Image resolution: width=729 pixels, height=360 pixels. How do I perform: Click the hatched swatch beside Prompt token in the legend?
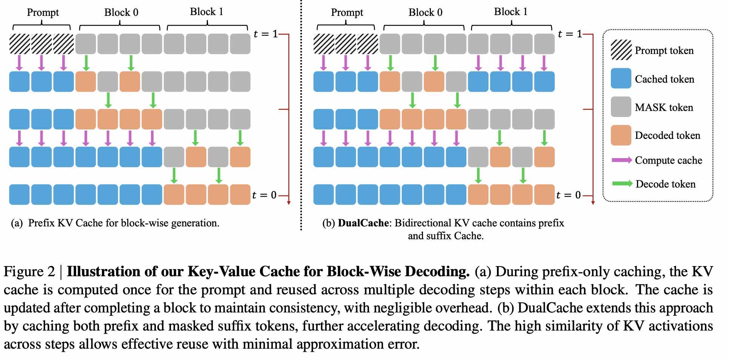pos(621,50)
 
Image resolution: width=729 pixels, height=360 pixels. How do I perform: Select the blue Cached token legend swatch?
pos(621,78)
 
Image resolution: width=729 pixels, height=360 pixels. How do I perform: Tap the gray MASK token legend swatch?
pos(621,107)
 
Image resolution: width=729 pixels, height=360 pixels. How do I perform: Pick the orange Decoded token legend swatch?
pos(621,135)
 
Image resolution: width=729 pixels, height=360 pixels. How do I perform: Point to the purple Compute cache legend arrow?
pos(621,160)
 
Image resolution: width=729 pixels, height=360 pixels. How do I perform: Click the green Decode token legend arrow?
pos(621,184)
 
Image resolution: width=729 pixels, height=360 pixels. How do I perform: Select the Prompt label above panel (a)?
pos(43,12)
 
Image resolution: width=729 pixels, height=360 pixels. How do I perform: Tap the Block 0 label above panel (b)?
pos(425,12)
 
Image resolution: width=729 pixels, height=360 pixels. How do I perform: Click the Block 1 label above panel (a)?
pos(206,12)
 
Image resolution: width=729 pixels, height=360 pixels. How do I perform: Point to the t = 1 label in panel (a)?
pos(266,34)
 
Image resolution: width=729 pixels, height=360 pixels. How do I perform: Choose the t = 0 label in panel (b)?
pos(568,195)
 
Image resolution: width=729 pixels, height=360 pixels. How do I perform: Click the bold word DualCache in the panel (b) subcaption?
pos(363,223)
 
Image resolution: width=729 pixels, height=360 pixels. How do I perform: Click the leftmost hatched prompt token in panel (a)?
pos(19,44)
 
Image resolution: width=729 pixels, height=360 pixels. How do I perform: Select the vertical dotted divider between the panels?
pos(301,113)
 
